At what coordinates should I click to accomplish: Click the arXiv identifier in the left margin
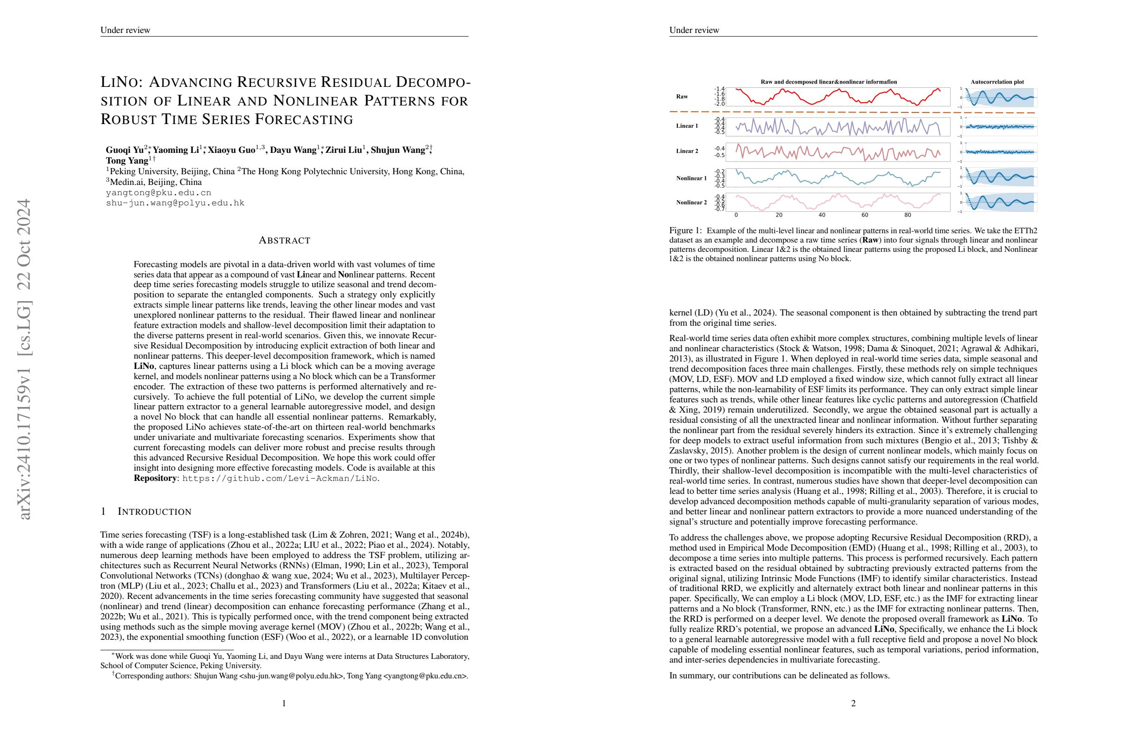[x=24, y=359]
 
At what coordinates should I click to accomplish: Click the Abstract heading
[x=284, y=240]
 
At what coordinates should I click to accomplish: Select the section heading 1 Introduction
[x=146, y=512]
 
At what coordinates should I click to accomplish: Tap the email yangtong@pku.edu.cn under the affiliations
[x=158, y=193]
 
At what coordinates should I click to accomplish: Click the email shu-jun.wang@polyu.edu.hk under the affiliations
[x=175, y=203]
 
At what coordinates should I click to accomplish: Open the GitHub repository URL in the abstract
[x=280, y=479]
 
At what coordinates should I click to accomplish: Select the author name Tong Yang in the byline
[x=127, y=161]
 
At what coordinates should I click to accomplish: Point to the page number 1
[x=284, y=703]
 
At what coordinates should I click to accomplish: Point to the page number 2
[x=853, y=703]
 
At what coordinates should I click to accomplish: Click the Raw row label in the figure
[x=682, y=97]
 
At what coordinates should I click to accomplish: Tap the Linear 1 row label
[x=687, y=126]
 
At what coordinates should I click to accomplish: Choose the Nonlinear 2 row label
[x=691, y=203]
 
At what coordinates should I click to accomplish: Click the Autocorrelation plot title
[x=997, y=82]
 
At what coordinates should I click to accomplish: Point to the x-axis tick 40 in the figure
[x=822, y=215]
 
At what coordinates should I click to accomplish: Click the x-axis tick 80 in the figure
[x=907, y=215]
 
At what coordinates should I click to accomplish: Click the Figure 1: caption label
[x=686, y=231]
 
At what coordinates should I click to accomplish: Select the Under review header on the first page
[x=125, y=30]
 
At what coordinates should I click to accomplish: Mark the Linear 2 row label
[x=687, y=151]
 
